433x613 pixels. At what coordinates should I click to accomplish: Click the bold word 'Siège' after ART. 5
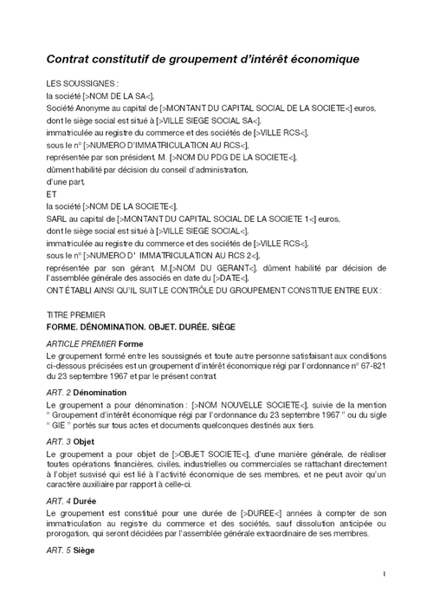click(87, 551)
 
